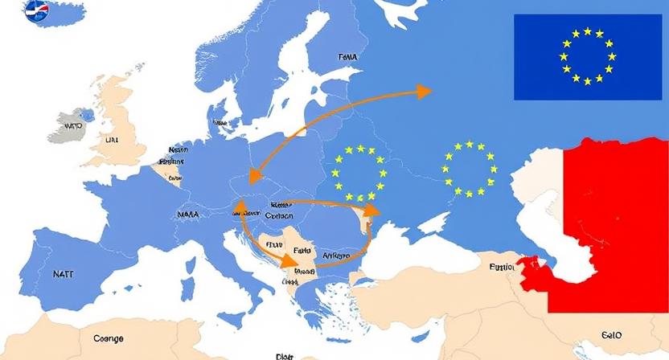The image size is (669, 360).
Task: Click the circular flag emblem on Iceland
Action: click(37, 11)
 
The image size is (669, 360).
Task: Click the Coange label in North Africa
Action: click(109, 338)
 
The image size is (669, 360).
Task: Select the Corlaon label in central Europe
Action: click(279, 215)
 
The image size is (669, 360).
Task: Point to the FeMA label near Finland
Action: click(347, 58)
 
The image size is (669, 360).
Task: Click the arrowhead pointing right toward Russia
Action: click(421, 91)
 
